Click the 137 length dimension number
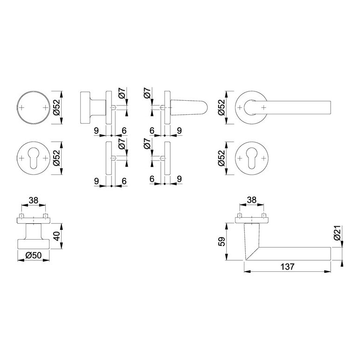[287, 267]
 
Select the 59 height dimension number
[222, 242]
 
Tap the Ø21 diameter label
[337, 233]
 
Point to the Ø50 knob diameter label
[34, 255]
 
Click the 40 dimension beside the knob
[56, 236]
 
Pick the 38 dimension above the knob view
[33, 201]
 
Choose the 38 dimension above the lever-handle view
[251, 200]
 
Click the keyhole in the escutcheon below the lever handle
[252, 158]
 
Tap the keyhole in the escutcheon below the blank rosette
[34, 158]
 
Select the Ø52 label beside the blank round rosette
[56, 107]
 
